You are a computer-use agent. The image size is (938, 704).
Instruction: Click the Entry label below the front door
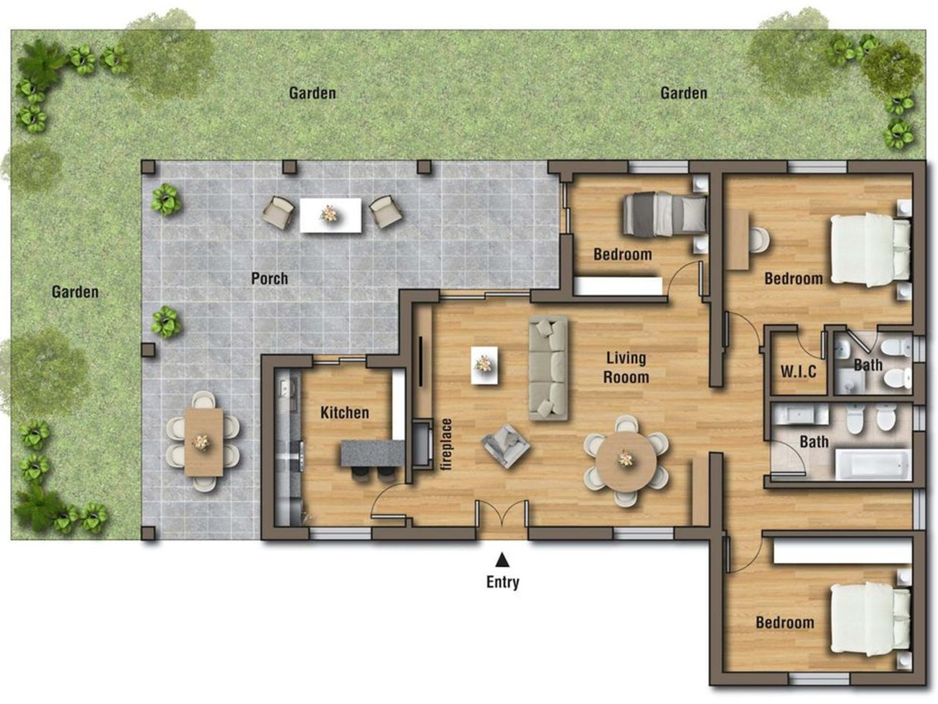click(x=502, y=582)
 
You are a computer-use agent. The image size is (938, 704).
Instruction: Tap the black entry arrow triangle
click(x=502, y=559)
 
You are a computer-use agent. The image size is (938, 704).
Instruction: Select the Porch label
click(x=269, y=279)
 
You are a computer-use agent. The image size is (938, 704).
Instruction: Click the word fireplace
click(x=447, y=445)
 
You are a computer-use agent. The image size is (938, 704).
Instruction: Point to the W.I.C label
click(x=798, y=371)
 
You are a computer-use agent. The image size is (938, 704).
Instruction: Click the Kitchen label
click(x=344, y=412)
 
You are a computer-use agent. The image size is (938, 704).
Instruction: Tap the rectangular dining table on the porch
click(x=204, y=442)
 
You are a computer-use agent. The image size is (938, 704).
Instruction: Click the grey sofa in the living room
click(x=548, y=368)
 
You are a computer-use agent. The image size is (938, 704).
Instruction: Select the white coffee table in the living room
click(x=484, y=365)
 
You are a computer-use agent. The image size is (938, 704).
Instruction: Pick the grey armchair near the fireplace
click(x=506, y=446)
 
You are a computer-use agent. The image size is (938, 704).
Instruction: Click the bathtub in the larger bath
click(x=873, y=464)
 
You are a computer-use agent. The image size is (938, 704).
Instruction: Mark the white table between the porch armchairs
click(x=330, y=215)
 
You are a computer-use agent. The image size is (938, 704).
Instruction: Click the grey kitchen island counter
click(x=372, y=453)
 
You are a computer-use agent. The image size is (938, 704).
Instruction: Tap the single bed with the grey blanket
click(x=664, y=214)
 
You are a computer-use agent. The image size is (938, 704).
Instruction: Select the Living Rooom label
click(x=626, y=368)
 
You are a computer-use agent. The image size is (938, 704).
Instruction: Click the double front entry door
click(x=502, y=514)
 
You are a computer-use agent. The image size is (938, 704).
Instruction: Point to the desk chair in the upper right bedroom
click(x=759, y=240)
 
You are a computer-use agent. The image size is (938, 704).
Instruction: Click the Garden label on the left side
click(x=75, y=292)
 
